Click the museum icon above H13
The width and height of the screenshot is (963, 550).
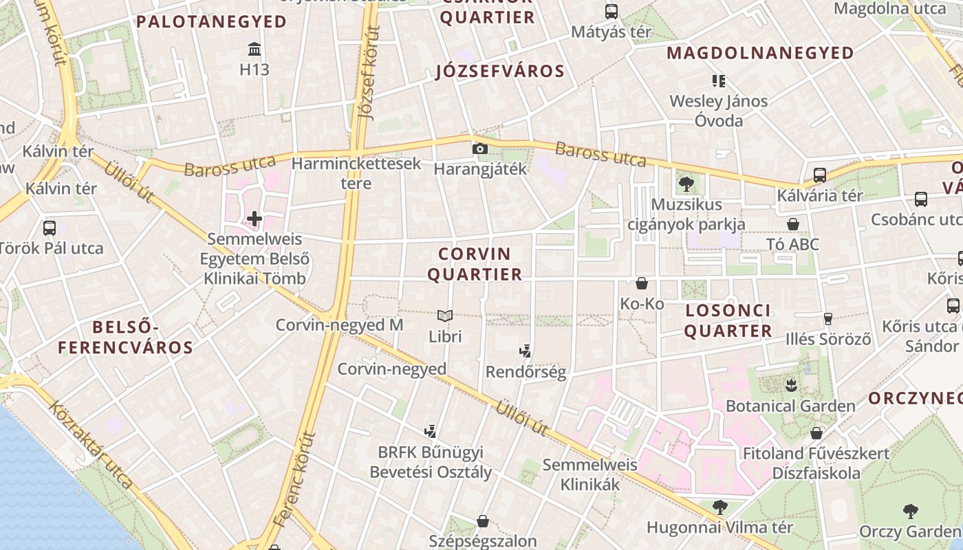pyautogui.click(x=255, y=49)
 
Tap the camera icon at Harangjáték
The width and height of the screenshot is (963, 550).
pyautogui.click(x=480, y=148)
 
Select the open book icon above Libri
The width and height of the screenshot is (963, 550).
pyautogui.click(x=445, y=316)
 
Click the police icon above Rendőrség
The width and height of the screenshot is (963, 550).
pyautogui.click(x=526, y=351)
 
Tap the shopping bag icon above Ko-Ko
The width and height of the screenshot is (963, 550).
pyautogui.click(x=642, y=283)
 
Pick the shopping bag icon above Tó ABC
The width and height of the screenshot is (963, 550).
pyautogui.click(x=793, y=224)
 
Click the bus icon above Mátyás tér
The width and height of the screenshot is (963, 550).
pyautogui.click(x=612, y=11)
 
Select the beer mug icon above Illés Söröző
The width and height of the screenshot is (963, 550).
pyautogui.click(x=828, y=318)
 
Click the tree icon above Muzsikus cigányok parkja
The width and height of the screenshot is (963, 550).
pyautogui.click(x=686, y=184)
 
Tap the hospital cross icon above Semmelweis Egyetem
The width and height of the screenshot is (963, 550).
pyautogui.click(x=255, y=219)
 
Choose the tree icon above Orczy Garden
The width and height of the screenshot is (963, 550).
pyautogui.click(x=910, y=511)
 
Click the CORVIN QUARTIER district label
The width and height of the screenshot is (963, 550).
pyautogui.click(x=475, y=264)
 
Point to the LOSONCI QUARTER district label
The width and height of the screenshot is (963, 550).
pyautogui.click(x=728, y=320)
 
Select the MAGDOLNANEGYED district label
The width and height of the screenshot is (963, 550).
pyautogui.click(x=760, y=53)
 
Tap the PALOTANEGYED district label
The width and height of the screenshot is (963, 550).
pyautogui.click(x=211, y=21)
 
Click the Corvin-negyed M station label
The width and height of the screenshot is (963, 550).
pyautogui.click(x=339, y=324)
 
